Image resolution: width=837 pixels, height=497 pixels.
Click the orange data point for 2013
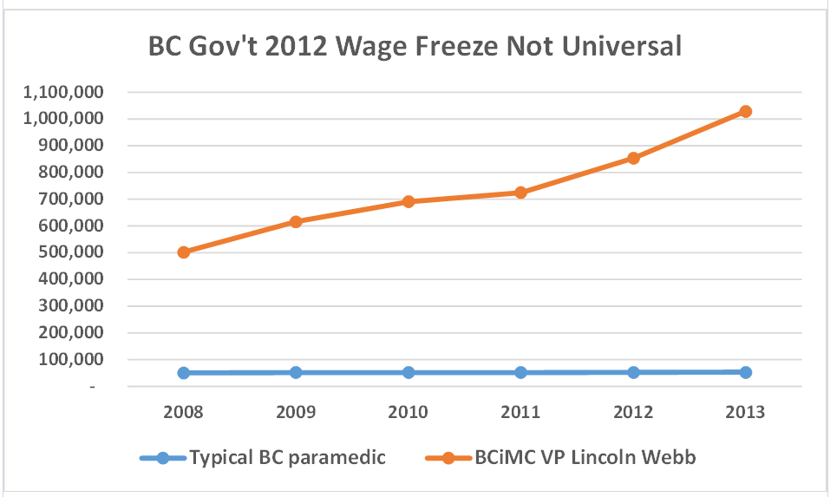[x=745, y=111]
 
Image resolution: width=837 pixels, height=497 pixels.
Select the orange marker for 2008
[x=183, y=252]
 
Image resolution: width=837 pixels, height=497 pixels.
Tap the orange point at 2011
[x=520, y=193]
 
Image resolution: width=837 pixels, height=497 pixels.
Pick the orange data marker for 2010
[x=408, y=201]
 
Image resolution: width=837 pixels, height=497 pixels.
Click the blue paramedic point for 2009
[x=296, y=372]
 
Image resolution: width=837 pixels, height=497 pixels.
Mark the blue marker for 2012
[x=633, y=372]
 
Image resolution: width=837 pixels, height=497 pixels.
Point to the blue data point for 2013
[x=745, y=372]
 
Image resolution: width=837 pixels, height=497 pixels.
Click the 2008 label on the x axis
[x=183, y=411]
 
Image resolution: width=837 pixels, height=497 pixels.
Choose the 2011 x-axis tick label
[x=520, y=411]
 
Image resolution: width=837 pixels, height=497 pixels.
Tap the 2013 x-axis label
[x=745, y=411]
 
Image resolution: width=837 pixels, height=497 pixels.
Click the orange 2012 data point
[x=633, y=158]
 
